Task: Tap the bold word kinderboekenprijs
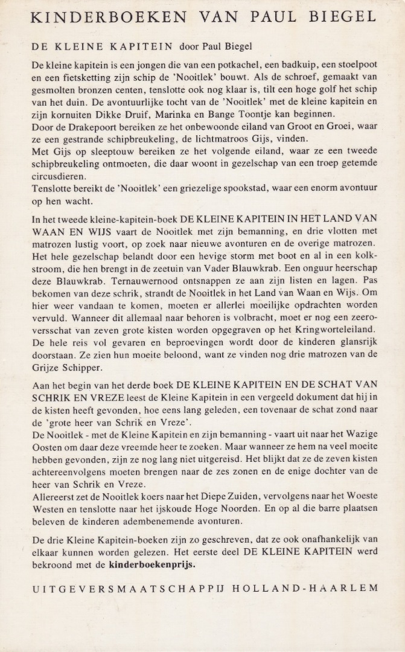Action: click(x=152, y=566)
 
